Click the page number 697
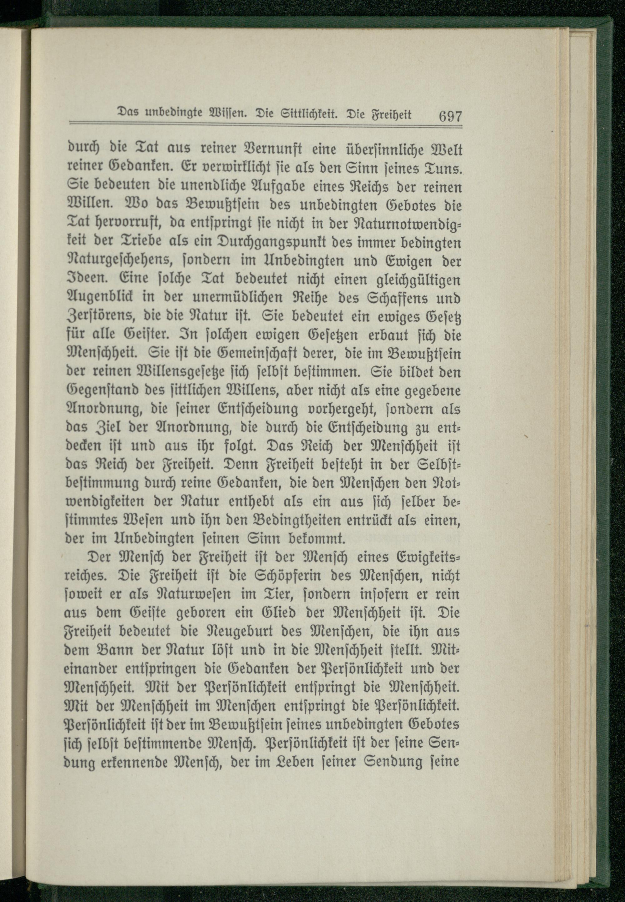point(450,116)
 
